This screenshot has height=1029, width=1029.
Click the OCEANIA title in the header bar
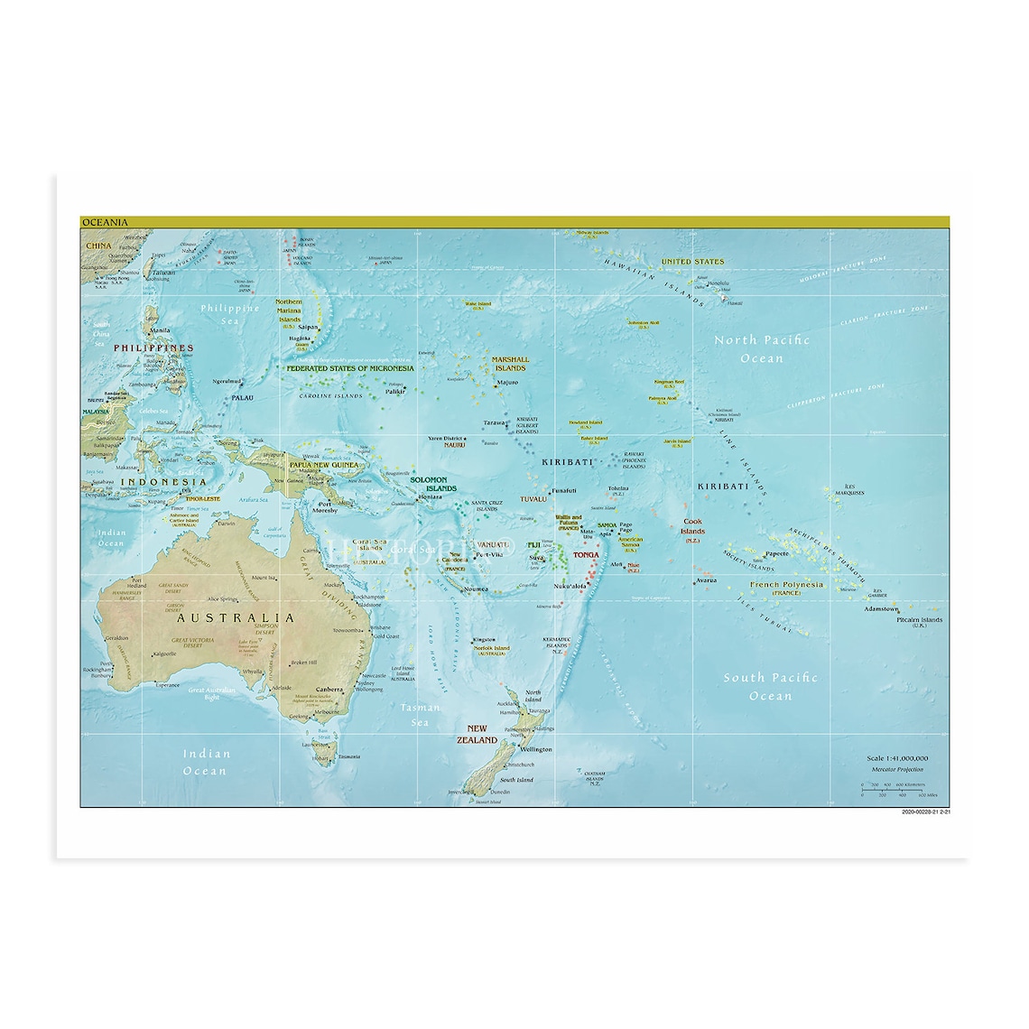(105, 222)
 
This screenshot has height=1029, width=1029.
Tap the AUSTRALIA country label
(235, 618)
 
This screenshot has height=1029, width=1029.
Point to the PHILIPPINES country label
(153, 348)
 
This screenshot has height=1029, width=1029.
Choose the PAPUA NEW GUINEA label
(323, 465)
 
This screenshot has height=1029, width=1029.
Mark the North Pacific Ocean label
(762, 349)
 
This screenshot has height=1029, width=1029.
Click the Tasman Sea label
(421, 715)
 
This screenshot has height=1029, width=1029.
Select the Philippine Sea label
(230, 314)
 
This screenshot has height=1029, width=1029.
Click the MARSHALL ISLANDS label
(510, 364)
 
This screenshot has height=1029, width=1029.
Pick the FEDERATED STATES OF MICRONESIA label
(350, 368)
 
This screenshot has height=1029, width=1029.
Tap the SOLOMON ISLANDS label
(429, 484)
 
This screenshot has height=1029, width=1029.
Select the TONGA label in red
(586, 555)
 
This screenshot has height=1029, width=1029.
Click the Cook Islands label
(692, 526)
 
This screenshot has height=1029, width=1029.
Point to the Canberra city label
(329, 690)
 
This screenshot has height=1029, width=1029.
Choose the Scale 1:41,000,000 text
(897, 758)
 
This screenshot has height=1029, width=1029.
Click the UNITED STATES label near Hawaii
(692, 262)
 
